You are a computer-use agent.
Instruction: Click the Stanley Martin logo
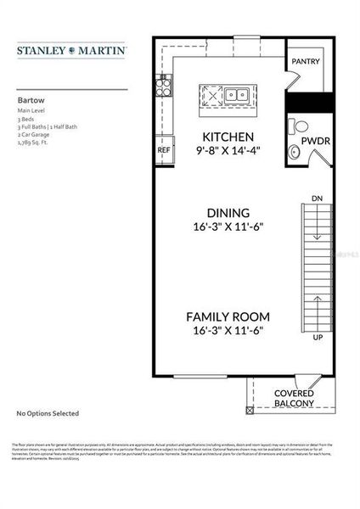[x=71, y=51]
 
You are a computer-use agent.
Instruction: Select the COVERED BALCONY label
[x=294, y=399]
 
